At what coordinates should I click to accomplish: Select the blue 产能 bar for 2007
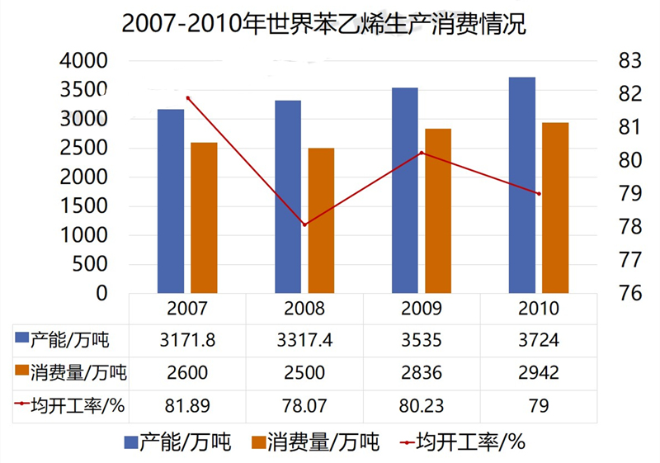click(171, 201)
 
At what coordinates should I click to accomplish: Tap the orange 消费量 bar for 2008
click(321, 220)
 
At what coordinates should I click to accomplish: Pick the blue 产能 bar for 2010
click(522, 185)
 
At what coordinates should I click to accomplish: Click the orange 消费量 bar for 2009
click(438, 210)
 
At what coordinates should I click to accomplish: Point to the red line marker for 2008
click(304, 224)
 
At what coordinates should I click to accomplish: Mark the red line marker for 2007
click(188, 98)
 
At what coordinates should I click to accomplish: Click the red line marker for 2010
click(539, 194)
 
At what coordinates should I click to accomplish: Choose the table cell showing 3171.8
click(187, 339)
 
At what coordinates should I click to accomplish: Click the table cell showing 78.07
click(304, 405)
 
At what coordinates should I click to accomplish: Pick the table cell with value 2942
click(539, 372)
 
